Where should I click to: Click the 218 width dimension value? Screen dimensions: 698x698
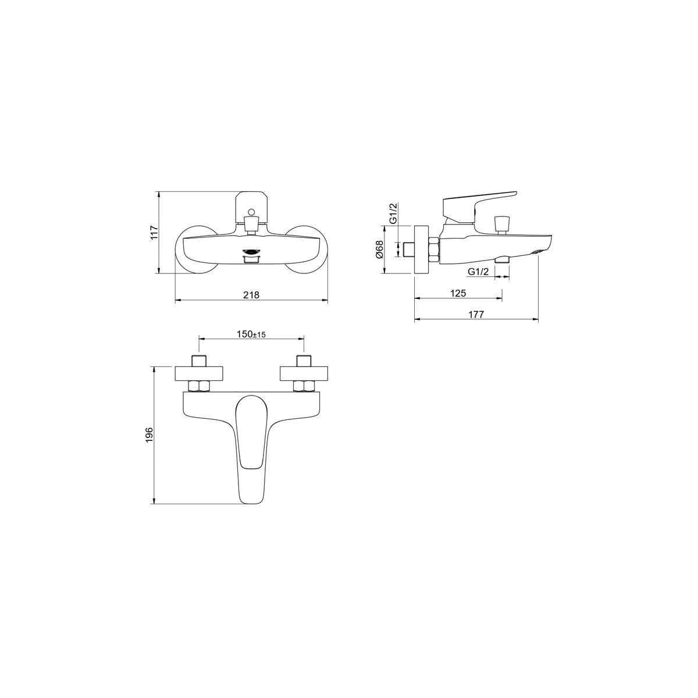pyautogui.click(x=251, y=295)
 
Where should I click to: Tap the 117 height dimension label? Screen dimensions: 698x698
pyautogui.click(x=155, y=232)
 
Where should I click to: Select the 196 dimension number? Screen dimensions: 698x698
pyautogui.click(x=150, y=435)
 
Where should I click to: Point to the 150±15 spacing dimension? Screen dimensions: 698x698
pyautogui.click(x=251, y=334)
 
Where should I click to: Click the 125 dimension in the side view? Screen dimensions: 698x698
pyautogui.click(x=458, y=293)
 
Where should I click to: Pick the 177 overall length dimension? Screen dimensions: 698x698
pyautogui.click(x=476, y=315)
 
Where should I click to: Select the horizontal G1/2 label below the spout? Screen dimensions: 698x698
pyautogui.click(x=479, y=271)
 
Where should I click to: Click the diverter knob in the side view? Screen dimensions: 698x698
pyautogui.click(x=501, y=225)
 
